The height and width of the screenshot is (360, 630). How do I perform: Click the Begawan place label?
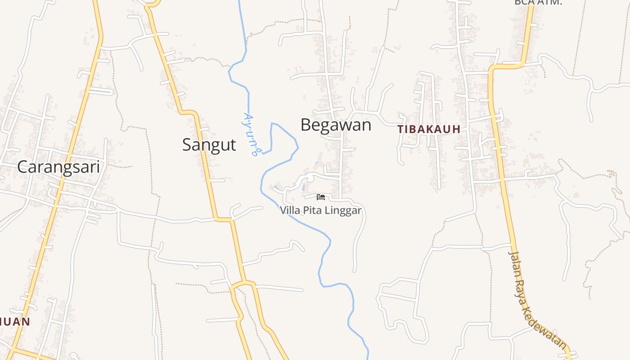click(x=336, y=125)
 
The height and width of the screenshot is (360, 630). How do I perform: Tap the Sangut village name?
click(x=209, y=144)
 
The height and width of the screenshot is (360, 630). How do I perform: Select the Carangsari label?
click(x=58, y=167)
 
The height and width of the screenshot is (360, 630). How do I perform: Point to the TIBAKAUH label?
click(x=429, y=129)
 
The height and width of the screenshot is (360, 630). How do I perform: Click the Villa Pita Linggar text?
click(x=320, y=210)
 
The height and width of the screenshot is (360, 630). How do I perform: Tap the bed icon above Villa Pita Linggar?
click(x=321, y=197)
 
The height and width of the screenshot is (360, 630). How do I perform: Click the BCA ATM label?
click(x=538, y=2)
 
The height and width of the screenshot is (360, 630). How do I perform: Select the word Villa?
click(x=289, y=210)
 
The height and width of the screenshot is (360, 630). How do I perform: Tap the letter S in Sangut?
click(x=187, y=144)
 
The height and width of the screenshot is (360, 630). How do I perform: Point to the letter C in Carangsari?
click(x=23, y=167)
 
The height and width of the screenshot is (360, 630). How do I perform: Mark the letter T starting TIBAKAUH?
click(x=400, y=129)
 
